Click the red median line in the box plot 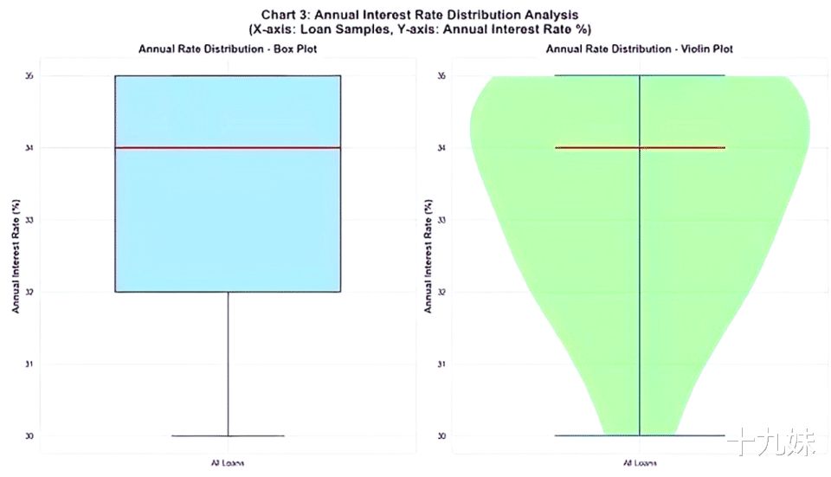click(x=228, y=148)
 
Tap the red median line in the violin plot click(x=639, y=148)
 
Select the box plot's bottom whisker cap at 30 click(x=228, y=435)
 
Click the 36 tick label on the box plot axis click(x=29, y=76)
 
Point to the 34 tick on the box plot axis click(x=29, y=148)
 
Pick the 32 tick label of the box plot click(x=29, y=292)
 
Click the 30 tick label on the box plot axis click(x=29, y=435)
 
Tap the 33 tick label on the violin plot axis click(x=441, y=220)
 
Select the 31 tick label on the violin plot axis click(x=441, y=364)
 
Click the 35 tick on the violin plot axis click(x=441, y=76)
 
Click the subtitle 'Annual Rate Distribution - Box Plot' click(x=228, y=48)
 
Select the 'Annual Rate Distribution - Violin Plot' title click(x=639, y=48)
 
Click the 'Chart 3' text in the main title click(x=286, y=15)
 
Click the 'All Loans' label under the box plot click(x=228, y=462)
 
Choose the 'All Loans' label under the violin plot click(x=639, y=462)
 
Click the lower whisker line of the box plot click(x=228, y=364)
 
